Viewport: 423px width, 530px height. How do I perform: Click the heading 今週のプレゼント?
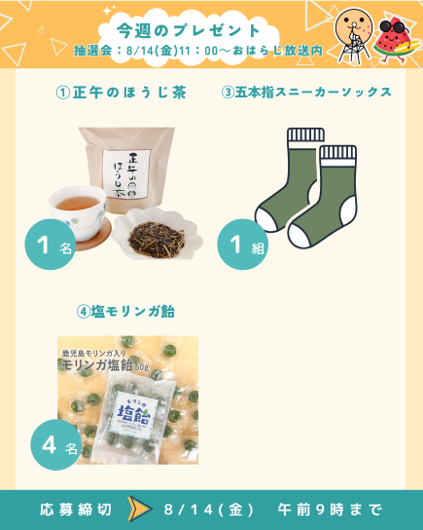(188, 31)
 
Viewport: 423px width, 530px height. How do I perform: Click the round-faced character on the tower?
(353, 35)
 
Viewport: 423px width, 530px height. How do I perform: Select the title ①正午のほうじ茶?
(122, 93)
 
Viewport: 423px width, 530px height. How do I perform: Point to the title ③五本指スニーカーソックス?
(306, 93)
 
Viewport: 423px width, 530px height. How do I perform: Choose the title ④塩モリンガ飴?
(125, 312)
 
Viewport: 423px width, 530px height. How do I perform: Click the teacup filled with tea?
(77, 211)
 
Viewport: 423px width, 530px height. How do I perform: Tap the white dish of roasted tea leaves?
(158, 233)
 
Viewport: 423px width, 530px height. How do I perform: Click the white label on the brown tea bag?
(126, 173)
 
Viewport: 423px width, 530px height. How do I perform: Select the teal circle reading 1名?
(51, 244)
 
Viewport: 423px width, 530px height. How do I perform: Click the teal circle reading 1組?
(242, 244)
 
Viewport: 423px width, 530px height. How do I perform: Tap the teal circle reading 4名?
(56, 444)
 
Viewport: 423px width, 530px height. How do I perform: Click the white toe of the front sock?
(300, 235)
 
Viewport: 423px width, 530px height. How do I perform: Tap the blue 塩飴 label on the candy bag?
(134, 411)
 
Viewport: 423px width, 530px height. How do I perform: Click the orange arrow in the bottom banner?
(139, 509)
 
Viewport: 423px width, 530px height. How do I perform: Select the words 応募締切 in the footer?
(76, 510)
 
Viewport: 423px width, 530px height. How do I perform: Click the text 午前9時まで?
(330, 510)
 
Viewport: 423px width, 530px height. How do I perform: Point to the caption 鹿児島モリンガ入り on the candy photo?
(93, 354)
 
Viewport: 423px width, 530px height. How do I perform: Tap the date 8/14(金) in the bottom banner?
(208, 510)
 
